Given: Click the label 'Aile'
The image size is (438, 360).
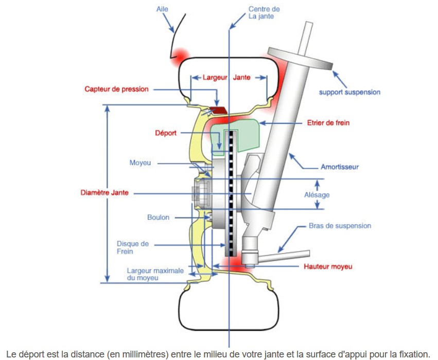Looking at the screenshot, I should (162, 9).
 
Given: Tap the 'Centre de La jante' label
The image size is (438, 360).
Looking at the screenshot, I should (264, 12).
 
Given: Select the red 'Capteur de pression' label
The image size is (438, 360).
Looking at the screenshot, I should (116, 89).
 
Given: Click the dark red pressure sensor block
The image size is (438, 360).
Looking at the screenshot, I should (218, 110).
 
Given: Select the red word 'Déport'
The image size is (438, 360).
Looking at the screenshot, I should (166, 133).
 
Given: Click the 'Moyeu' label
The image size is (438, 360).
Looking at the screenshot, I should (140, 163).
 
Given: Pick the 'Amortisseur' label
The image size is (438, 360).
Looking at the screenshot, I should (340, 167).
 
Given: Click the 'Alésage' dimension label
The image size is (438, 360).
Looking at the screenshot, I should (317, 195).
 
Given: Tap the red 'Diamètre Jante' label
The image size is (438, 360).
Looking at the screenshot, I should (104, 193).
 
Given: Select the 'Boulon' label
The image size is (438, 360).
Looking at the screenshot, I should (158, 218).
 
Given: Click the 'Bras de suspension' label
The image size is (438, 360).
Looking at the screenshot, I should (340, 226).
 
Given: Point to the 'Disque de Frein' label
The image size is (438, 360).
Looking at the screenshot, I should (132, 247).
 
